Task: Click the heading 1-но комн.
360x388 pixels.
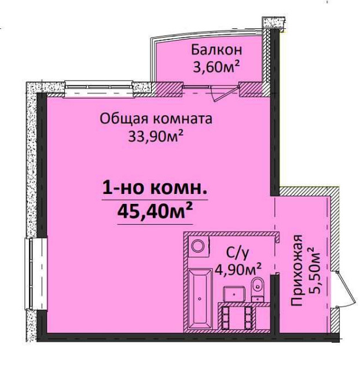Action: click(x=155, y=188)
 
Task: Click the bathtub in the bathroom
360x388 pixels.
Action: click(x=201, y=300)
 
